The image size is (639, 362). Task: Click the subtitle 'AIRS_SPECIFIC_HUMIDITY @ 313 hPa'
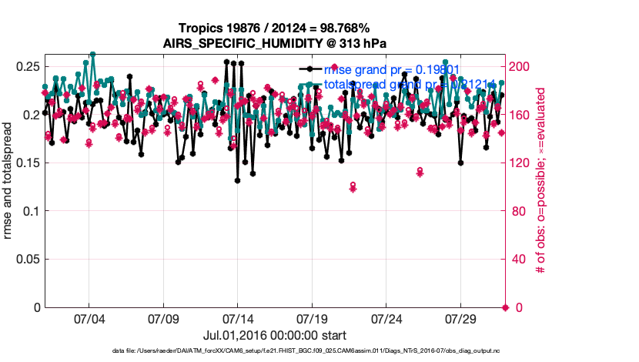pyautogui.click(x=275, y=43)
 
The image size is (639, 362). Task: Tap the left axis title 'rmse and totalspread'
pyautogui.click(x=9, y=181)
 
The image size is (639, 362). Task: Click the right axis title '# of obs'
pyautogui.click(x=540, y=181)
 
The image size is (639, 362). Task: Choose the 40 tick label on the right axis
pyautogui.click(x=519, y=260)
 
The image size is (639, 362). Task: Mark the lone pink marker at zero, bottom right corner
pyautogui.click(x=505, y=307)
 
